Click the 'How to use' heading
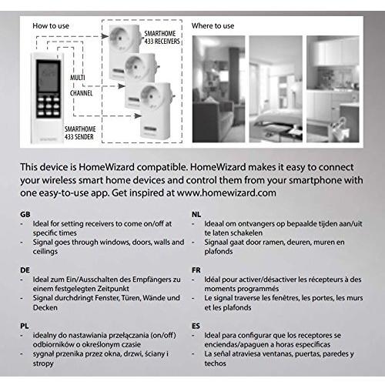tap(51, 26)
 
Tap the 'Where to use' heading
tap(213, 26)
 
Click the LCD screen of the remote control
tap(48, 76)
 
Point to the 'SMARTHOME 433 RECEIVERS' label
tap(162, 38)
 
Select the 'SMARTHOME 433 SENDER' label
tap(80, 133)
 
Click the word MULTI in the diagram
tap(78, 77)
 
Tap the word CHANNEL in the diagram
tap(81, 93)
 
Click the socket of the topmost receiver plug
tap(119, 36)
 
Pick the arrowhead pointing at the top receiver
tap(105, 36)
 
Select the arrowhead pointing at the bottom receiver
tap(138, 116)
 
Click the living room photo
tap(219, 89)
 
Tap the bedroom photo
tap(276, 89)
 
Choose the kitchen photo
tap(333, 89)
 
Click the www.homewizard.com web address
tap(226, 193)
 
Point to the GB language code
tap(25, 214)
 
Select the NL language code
tap(196, 214)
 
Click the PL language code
tap(25, 326)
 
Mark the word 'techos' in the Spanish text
tap(215, 363)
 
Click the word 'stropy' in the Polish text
tap(43, 363)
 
